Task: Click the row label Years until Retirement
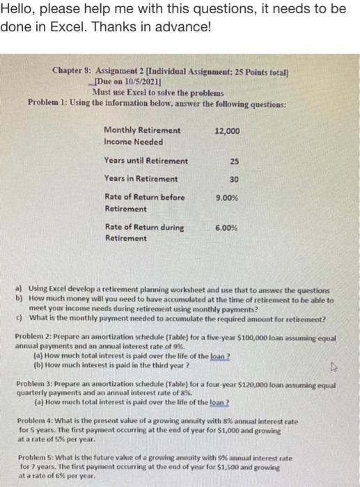(146, 161)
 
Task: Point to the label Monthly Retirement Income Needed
(141, 135)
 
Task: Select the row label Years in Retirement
(141, 179)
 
